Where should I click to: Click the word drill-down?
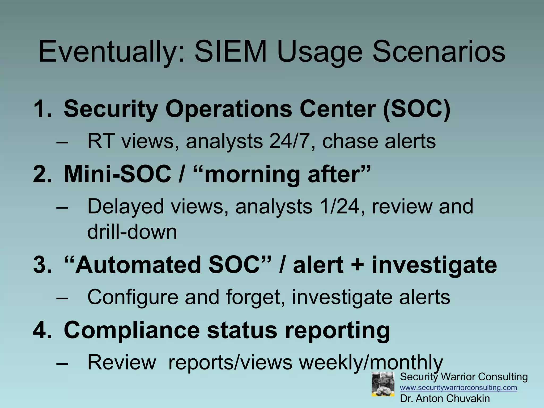pyautogui.click(x=132, y=232)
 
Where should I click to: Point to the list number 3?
pyautogui.click(x=42, y=265)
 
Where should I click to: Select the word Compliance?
pyautogui.click(x=132, y=330)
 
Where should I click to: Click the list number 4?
pyautogui.click(x=42, y=330)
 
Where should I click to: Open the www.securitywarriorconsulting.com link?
pyautogui.click(x=458, y=388)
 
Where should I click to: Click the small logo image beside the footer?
pyautogui.click(x=383, y=384)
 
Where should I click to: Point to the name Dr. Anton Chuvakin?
pyautogui.click(x=445, y=398)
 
